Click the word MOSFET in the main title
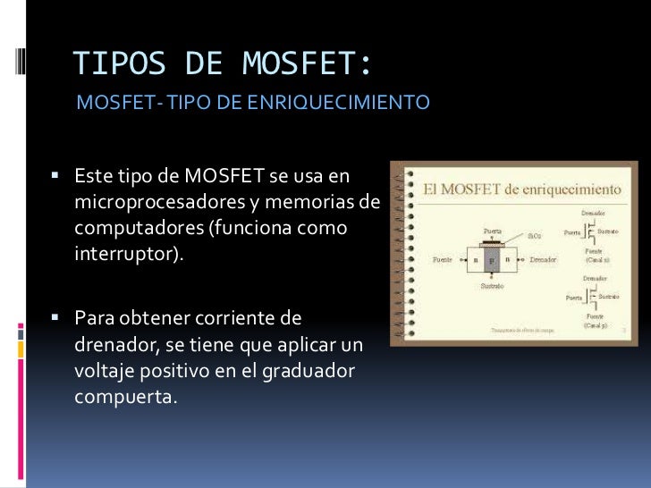302,63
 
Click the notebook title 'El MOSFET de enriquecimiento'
522,189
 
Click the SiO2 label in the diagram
535,236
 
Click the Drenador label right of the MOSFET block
543,259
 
